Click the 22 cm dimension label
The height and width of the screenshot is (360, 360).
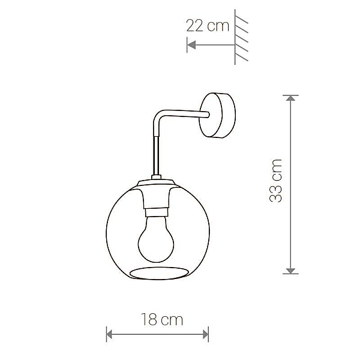click(x=208, y=26)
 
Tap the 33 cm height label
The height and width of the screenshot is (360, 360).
click(x=275, y=181)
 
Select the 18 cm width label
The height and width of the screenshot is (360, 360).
click(x=162, y=319)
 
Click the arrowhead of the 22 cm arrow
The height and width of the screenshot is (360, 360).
click(x=191, y=44)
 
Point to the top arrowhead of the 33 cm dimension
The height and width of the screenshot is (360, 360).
click(x=290, y=98)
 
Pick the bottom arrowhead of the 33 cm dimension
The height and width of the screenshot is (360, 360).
click(x=290, y=271)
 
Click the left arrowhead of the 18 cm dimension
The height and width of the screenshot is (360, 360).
click(x=109, y=334)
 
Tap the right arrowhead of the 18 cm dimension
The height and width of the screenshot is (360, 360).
click(x=206, y=334)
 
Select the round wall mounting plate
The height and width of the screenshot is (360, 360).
click(x=217, y=115)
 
